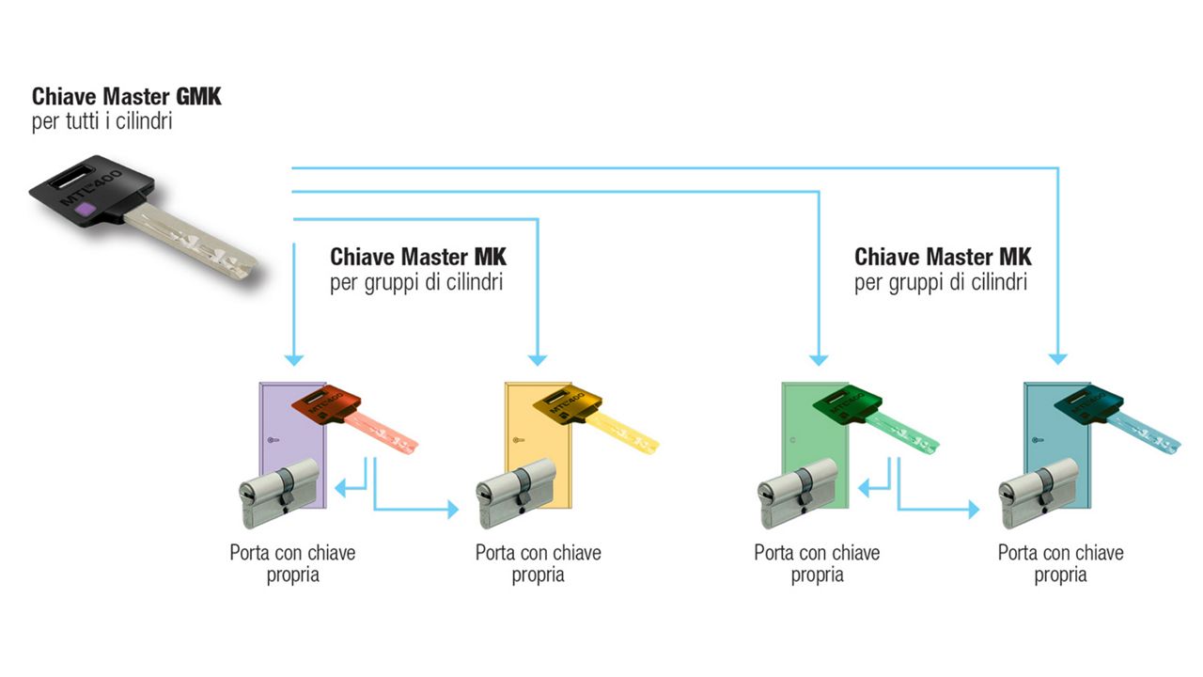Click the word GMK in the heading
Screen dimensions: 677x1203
[x=198, y=97]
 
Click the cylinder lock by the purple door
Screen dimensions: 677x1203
[x=277, y=494]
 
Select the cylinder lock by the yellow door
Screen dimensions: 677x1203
[x=517, y=494]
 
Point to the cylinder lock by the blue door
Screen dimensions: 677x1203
[x=1039, y=494]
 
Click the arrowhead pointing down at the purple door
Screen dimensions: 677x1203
[x=294, y=358]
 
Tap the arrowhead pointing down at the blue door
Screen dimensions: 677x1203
[x=1058, y=358]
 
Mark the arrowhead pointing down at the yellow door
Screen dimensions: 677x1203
[x=537, y=358]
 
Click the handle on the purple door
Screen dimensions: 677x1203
[x=272, y=442]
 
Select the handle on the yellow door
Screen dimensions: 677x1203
[x=515, y=441]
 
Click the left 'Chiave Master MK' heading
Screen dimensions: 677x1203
[x=418, y=257]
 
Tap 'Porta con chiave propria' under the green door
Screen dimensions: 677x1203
[x=817, y=563]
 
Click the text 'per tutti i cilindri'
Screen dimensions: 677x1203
[x=102, y=122]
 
